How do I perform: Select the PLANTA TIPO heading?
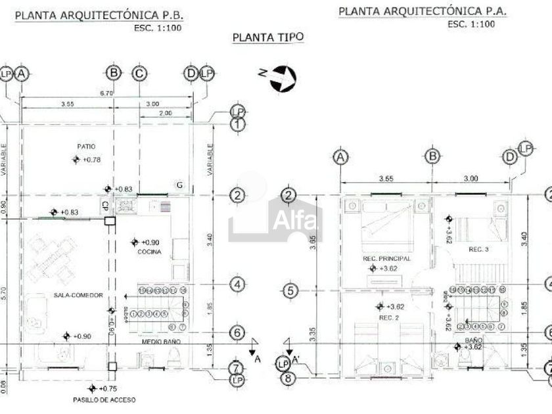click(x=269, y=37)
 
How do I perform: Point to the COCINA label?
click(x=149, y=252)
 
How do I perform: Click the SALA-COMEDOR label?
click(x=78, y=296)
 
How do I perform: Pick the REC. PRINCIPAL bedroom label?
click(x=387, y=259)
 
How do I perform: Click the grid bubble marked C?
click(x=139, y=74)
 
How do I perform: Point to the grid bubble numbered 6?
click(x=237, y=333)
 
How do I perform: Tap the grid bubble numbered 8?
click(x=287, y=377)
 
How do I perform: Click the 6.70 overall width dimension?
click(x=106, y=93)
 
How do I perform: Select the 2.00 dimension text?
click(x=166, y=113)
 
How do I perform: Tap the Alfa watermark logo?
click(x=275, y=218)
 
